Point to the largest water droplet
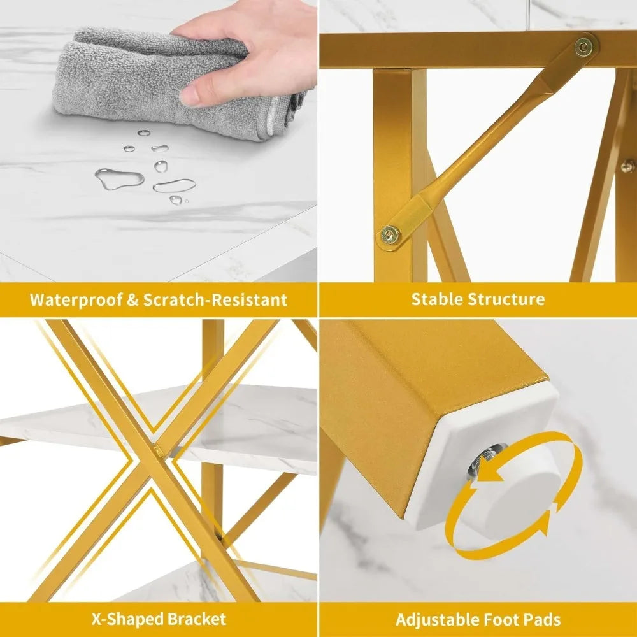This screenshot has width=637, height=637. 120,179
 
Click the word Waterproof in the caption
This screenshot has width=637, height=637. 76,300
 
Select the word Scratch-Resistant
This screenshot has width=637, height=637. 215,300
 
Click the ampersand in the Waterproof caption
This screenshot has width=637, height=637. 133,300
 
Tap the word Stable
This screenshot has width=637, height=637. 437,299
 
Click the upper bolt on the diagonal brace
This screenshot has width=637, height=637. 583,47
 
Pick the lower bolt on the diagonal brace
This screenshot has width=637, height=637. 390,234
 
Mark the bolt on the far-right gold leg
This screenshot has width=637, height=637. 627,166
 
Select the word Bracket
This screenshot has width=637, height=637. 197,619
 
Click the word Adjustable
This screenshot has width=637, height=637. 437,620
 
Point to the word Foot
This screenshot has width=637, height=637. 501,620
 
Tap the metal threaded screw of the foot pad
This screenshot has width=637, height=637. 485,461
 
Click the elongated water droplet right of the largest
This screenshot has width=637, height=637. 175,186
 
